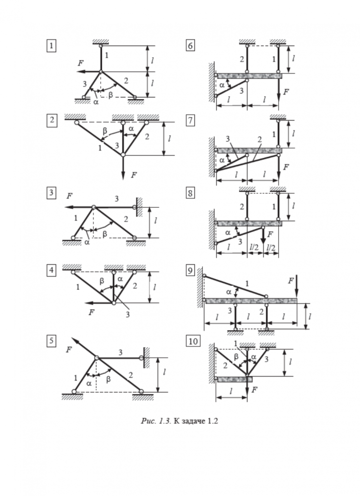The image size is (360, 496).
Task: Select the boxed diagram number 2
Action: pyautogui.click(x=51, y=121)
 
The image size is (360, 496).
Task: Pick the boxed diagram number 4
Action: pyautogui.click(x=51, y=271)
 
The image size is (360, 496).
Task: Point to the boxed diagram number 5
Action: pyautogui.click(x=51, y=341)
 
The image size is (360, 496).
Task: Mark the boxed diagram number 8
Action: pyautogui.click(x=190, y=194)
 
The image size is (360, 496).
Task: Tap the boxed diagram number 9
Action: pyautogui.click(x=190, y=271)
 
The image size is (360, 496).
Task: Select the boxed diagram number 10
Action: pyautogui.click(x=192, y=341)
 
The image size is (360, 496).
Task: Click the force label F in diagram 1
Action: pyautogui.click(x=80, y=63)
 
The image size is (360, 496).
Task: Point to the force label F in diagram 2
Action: pyautogui.click(x=133, y=175)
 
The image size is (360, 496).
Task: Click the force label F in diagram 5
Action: pyautogui.click(x=69, y=350)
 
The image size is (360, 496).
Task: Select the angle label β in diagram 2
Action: pyautogui.click(x=105, y=131)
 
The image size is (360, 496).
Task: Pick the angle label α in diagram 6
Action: pyautogui.click(x=222, y=85)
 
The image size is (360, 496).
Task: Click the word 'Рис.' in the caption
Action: pyautogui.click(x=149, y=422)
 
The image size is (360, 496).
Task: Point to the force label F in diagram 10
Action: pyautogui.click(x=254, y=390)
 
